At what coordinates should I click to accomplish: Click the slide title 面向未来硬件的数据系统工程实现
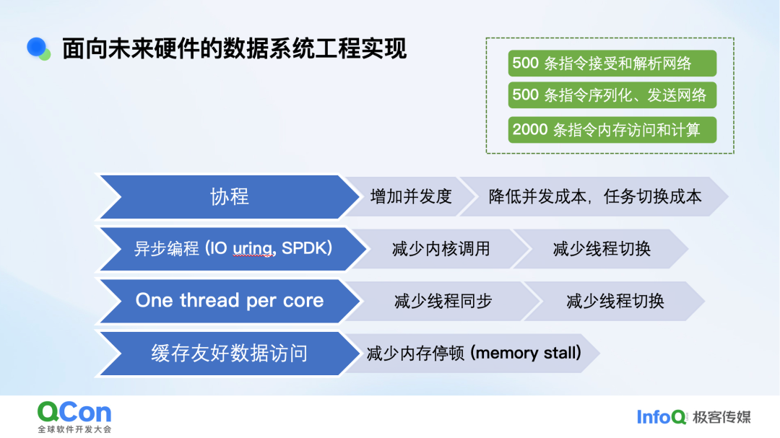tap(234, 49)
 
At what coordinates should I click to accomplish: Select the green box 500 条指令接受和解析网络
tap(612, 63)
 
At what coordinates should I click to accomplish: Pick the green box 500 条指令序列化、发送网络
tap(612, 95)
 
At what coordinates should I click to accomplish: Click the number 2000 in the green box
tap(530, 130)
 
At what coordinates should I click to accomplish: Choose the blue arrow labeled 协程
tap(229, 196)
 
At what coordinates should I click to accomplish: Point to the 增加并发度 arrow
tap(410, 196)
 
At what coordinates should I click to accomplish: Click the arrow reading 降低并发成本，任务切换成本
tap(594, 196)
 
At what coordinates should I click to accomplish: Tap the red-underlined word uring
tap(252, 249)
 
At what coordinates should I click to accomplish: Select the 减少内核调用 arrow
tap(441, 249)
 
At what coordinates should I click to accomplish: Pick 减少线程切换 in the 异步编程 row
tap(601, 249)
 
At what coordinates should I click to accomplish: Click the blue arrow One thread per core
tap(229, 301)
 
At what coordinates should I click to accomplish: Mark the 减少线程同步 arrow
tap(443, 302)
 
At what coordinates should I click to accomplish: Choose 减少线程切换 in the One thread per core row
tap(614, 302)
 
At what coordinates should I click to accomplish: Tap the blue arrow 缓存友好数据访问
tap(229, 354)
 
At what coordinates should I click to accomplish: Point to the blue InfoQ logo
tap(661, 416)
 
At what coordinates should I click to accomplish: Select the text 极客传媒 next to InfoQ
tap(721, 416)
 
